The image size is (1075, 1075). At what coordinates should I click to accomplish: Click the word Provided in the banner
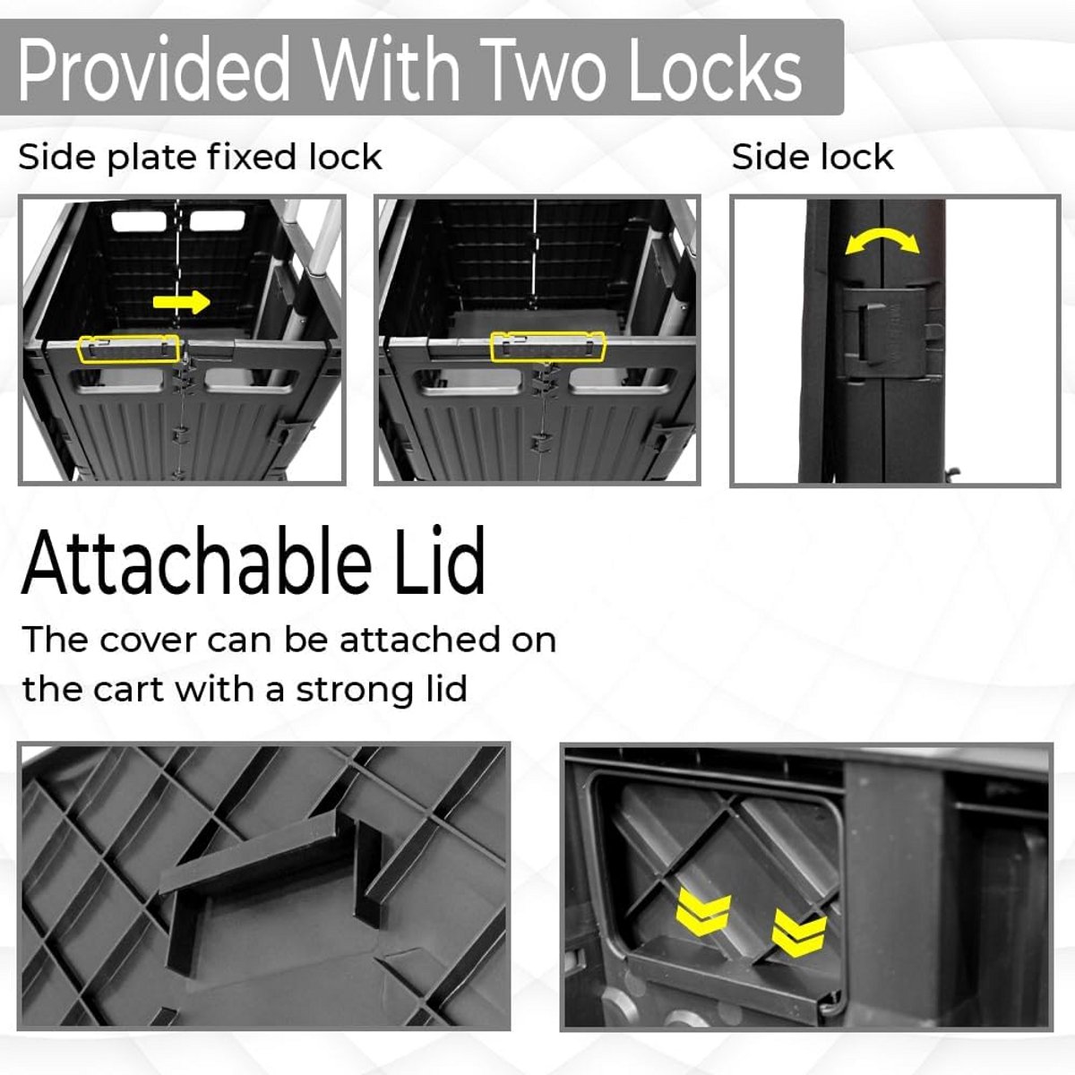[153, 69]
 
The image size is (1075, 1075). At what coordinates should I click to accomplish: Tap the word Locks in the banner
[715, 69]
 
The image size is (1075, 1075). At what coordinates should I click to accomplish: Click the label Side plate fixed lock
[200, 158]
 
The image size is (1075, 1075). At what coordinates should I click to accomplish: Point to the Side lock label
[813, 157]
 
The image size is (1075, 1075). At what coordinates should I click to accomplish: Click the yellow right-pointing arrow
[181, 302]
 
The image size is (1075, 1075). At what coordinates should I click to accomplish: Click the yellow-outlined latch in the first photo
[129, 348]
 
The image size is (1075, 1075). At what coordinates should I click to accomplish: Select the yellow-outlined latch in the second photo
[548, 346]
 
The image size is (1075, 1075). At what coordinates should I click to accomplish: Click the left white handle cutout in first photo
[139, 221]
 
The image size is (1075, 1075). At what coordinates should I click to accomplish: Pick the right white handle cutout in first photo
[218, 221]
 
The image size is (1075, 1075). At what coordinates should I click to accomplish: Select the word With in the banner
[386, 69]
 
